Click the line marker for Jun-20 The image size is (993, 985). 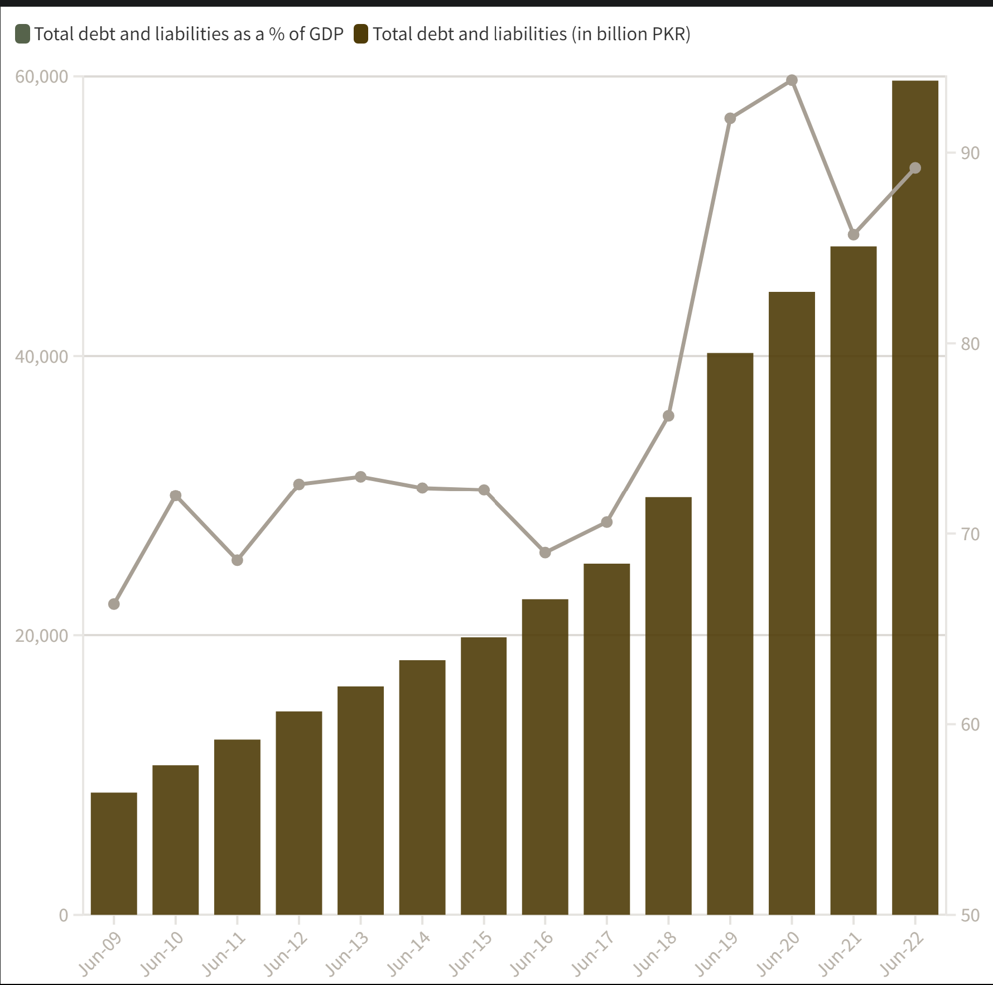[792, 80]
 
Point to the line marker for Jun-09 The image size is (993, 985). [114, 604]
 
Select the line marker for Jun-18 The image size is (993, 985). [668, 416]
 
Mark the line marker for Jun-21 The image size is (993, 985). [854, 234]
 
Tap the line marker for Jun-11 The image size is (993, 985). [237, 560]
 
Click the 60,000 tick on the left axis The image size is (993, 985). [41, 76]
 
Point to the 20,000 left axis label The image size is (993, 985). [41, 635]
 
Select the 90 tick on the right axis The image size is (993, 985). [970, 153]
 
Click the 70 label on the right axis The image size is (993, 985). [970, 534]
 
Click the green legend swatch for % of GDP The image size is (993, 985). [22, 34]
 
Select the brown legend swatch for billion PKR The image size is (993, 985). [361, 34]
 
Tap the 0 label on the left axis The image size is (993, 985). [64, 915]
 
